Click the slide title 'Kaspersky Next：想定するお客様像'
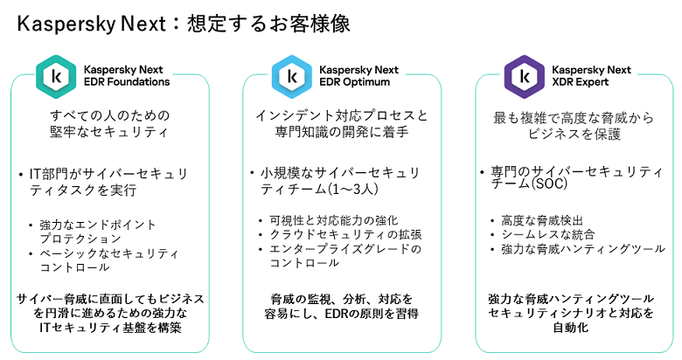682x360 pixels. click(x=184, y=24)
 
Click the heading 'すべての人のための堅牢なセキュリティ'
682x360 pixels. click(x=108, y=125)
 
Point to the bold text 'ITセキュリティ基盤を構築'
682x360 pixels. click(x=109, y=327)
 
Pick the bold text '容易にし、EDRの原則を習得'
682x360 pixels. click(x=342, y=313)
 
